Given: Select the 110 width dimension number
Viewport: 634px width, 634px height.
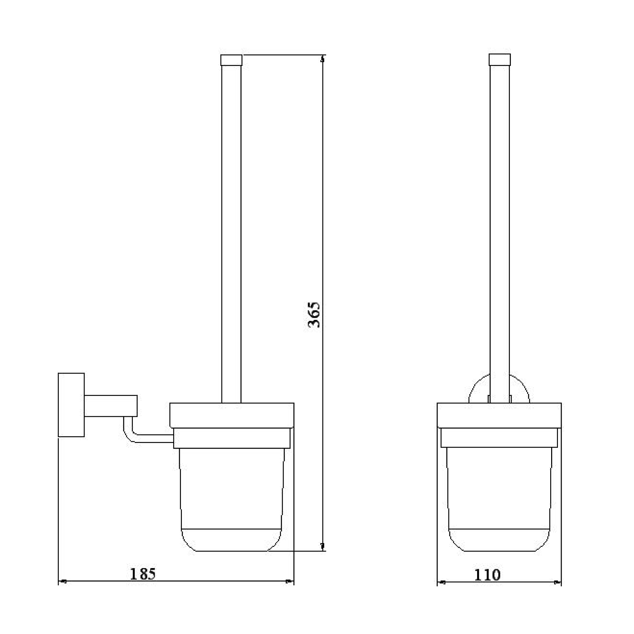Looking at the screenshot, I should point(487,575).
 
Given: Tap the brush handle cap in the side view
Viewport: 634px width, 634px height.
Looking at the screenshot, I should point(231,60).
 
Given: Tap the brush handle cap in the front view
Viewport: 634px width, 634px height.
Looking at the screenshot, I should point(500,60).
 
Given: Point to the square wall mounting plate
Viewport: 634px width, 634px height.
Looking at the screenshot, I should point(71,405).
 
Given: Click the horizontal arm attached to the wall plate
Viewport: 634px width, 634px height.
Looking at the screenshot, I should point(111,405).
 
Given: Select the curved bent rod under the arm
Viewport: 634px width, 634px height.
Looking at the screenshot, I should point(130,435).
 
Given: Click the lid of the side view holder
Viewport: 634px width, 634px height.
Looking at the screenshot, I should point(232,415).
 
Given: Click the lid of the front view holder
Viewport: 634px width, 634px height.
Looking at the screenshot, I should point(499,415).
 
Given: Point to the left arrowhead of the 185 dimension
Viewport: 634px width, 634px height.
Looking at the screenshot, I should point(63,582).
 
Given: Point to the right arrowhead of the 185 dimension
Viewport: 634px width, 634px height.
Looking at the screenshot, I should point(289,582).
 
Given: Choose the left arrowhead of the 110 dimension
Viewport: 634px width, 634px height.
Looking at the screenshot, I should point(442,583).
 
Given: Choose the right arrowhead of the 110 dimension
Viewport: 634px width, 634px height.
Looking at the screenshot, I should point(557,583).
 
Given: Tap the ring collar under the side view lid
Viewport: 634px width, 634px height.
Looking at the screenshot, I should point(232,438).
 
